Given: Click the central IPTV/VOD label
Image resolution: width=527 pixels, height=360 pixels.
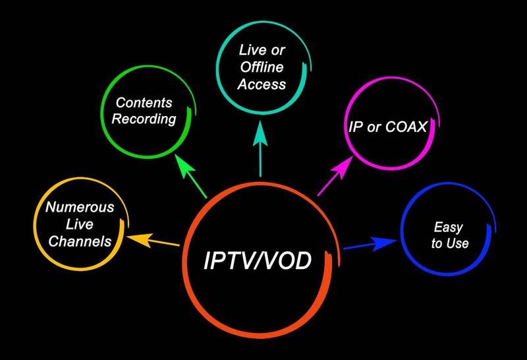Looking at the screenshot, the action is (x=258, y=260).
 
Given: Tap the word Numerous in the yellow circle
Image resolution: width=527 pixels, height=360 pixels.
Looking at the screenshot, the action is (x=80, y=207).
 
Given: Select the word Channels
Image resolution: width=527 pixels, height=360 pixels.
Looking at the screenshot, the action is (x=80, y=241).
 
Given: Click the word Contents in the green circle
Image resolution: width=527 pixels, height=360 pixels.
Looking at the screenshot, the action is (x=144, y=103).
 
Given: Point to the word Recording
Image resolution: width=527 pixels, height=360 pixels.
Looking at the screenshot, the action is (x=144, y=119).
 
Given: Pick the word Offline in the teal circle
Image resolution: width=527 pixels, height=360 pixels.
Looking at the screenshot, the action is (x=262, y=67).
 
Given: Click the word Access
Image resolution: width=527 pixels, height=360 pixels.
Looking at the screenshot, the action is (x=262, y=84).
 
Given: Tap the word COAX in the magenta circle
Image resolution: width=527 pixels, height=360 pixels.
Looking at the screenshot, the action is (x=406, y=127).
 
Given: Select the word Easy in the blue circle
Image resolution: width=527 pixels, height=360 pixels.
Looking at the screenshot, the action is (x=449, y=227).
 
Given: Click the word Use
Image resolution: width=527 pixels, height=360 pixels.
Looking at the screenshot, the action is (x=459, y=243).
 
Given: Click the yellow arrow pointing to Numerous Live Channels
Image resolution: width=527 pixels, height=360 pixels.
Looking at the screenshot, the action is (x=153, y=240).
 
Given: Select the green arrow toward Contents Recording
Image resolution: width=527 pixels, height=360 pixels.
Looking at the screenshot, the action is (x=190, y=175).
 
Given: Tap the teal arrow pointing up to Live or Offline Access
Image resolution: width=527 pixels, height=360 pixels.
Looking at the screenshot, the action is (x=260, y=148).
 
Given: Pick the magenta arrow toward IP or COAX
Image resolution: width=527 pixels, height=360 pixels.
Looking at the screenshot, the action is (x=335, y=175).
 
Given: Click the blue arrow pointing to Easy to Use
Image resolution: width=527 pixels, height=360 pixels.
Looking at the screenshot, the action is (x=370, y=243).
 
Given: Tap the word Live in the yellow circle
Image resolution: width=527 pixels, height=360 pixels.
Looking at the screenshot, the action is (x=79, y=224).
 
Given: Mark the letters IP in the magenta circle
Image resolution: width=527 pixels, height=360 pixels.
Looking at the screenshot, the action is (x=356, y=127).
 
